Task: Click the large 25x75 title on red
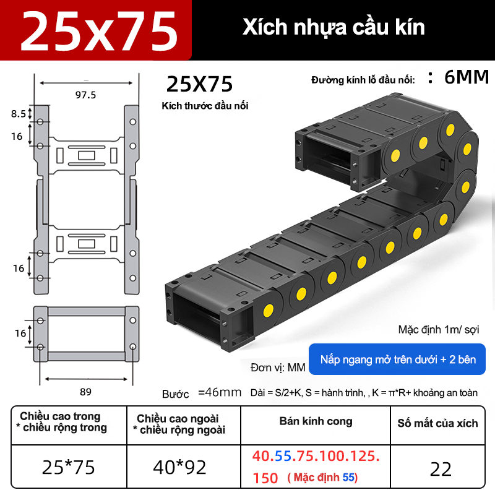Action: (99, 30)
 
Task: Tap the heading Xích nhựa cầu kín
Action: (334, 27)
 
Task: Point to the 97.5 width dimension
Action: (85, 95)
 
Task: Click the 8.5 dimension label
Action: (19, 114)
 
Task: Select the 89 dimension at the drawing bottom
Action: (85, 392)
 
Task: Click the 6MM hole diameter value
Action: (467, 77)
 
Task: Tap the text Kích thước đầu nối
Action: (205, 106)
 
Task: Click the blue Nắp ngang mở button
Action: (397, 359)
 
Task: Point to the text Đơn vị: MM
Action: (278, 368)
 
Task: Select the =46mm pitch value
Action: (220, 392)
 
